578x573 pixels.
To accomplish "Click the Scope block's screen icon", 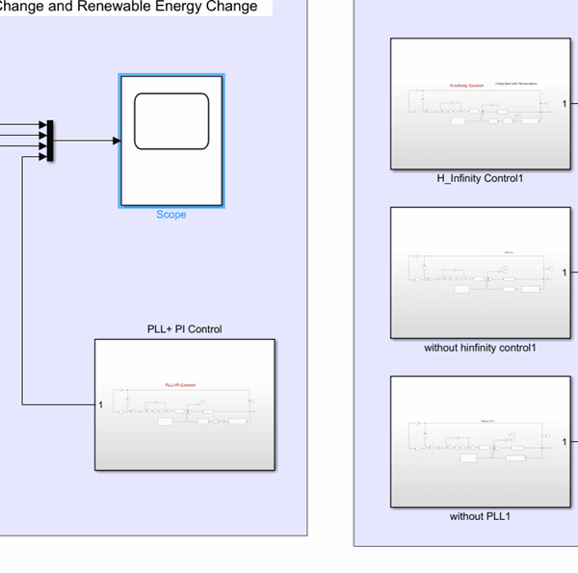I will tap(171, 121).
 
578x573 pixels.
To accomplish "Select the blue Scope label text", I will tap(171, 215).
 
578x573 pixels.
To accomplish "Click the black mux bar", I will tap(50, 141).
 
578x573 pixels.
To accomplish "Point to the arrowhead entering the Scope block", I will tap(116, 141).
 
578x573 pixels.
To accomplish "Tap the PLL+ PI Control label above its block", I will tap(178, 329).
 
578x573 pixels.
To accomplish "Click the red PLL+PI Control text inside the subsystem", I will tap(180, 385).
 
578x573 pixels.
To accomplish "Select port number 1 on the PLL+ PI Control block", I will tap(101, 404).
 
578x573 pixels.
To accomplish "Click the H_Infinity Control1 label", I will tap(480, 178).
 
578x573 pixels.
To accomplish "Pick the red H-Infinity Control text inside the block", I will tap(466, 85).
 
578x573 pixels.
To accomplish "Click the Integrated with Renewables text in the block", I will tap(516, 84).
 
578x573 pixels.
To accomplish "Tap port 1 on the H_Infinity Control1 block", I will tap(565, 103).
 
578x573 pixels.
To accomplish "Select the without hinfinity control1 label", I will tap(480, 348).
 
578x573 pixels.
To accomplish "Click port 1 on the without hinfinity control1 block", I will tap(565, 273).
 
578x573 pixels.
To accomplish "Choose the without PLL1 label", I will tap(480, 516).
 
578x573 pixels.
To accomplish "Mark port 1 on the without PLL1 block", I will tap(565, 442).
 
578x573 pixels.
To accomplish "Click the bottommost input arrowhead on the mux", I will tap(41, 157).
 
